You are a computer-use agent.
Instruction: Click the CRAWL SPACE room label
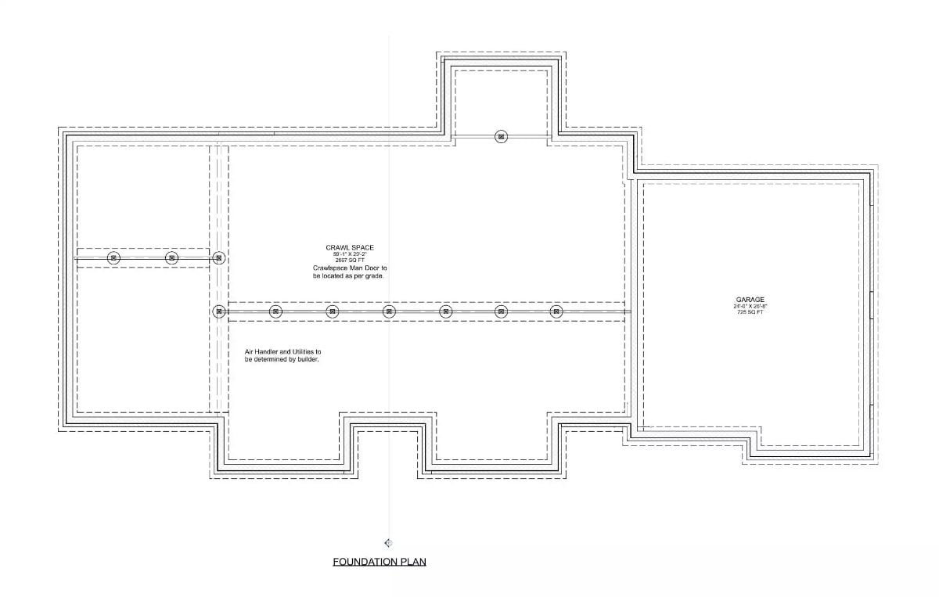[x=350, y=247]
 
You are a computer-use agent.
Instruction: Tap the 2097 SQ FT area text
[x=350, y=260]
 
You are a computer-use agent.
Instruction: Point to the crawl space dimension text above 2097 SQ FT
[x=350, y=254]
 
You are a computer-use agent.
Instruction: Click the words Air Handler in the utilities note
[x=260, y=353]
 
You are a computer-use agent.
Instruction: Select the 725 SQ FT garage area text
[x=749, y=312]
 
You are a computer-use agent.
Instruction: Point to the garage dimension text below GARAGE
[x=749, y=306]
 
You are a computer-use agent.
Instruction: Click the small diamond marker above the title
[x=388, y=543]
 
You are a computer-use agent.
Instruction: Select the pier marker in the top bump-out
[x=501, y=137]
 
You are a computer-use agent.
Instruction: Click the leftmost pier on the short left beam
[x=113, y=257]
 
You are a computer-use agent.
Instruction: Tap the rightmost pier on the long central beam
[x=556, y=311]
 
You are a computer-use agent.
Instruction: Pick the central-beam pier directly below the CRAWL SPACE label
[x=333, y=311]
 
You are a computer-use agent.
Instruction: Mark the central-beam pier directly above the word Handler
[x=275, y=311]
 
